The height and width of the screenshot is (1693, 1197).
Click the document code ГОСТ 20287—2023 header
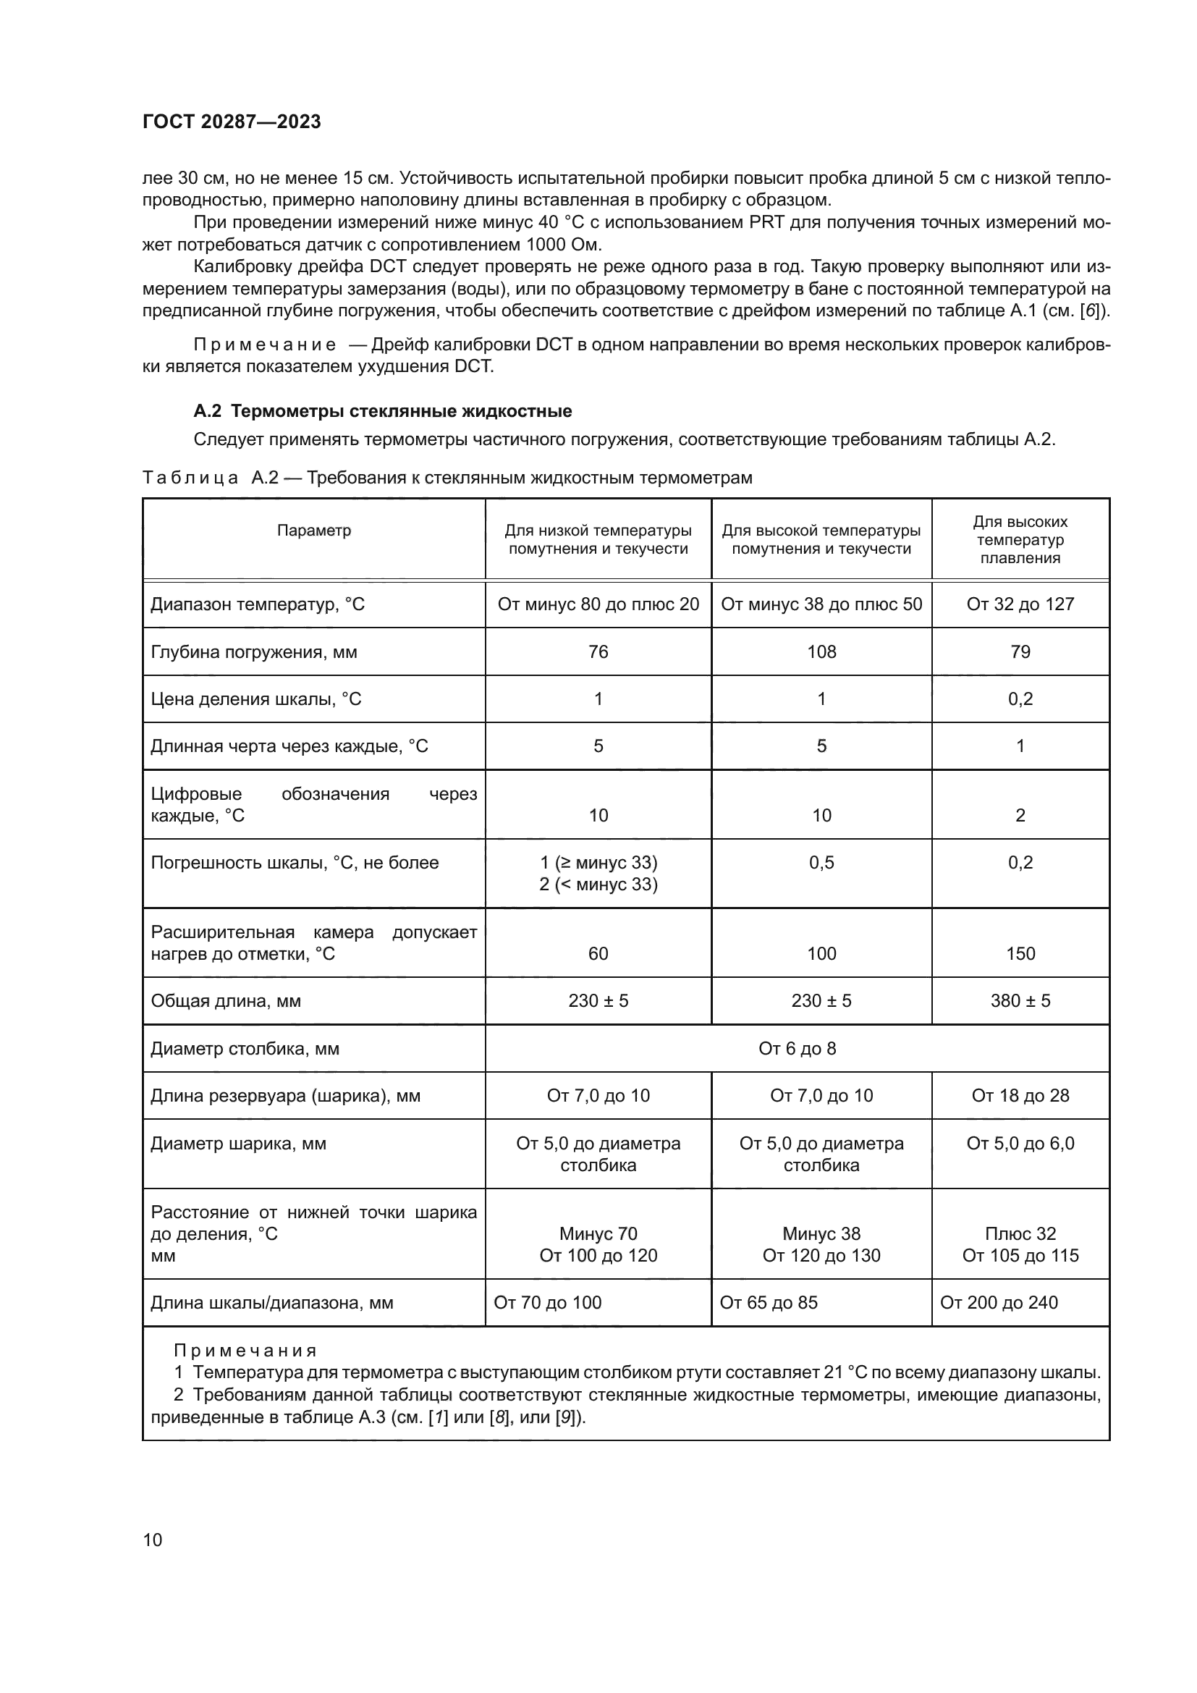click(232, 122)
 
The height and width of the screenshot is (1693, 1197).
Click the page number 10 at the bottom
click(153, 1540)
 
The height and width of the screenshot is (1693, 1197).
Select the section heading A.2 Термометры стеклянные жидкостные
click(382, 410)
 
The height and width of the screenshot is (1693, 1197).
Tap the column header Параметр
click(314, 530)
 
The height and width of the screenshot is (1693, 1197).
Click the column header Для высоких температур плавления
click(1020, 540)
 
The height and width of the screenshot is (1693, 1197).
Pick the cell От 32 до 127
click(1020, 604)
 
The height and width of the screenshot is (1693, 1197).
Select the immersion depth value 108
click(821, 652)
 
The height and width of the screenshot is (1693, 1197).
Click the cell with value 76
click(598, 652)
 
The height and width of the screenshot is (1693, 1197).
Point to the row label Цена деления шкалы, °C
click(255, 699)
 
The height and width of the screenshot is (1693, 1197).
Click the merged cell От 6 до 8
click(797, 1049)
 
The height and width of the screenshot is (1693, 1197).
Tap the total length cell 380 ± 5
click(1020, 1000)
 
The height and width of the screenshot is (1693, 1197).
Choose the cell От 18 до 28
click(1020, 1096)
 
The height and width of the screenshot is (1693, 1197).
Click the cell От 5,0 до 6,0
click(1020, 1144)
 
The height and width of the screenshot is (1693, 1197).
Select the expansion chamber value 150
click(1020, 953)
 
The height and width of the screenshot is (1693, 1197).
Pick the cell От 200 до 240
click(999, 1303)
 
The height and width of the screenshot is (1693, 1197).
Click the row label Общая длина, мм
click(226, 1000)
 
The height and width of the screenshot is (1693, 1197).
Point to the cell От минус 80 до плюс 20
click(598, 604)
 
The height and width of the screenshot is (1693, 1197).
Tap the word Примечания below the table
click(245, 1351)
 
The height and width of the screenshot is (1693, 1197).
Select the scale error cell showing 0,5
click(821, 863)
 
